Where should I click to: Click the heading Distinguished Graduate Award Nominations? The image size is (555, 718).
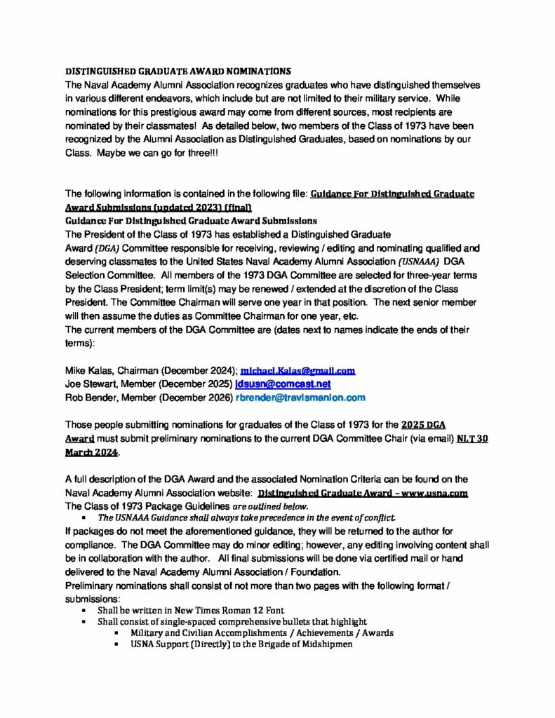click(x=178, y=71)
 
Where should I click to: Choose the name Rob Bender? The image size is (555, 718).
click(x=92, y=398)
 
